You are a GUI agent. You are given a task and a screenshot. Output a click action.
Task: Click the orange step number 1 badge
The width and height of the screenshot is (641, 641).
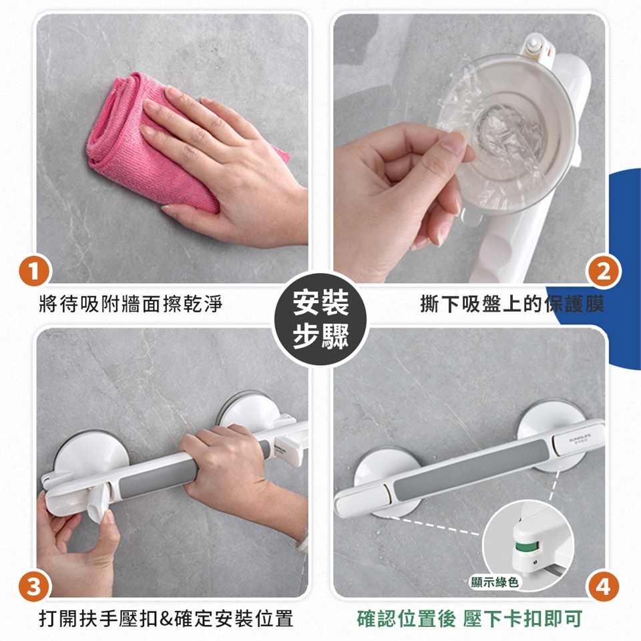[34, 271]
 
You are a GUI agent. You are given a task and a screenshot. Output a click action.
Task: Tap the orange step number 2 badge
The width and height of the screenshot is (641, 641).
[603, 271]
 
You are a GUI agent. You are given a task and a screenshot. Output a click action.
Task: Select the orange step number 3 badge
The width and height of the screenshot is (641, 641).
[34, 587]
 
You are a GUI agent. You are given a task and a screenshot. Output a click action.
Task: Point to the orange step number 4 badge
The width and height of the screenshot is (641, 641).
[603, 587]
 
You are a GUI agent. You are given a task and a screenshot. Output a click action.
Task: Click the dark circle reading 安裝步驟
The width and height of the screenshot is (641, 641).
[320, 319]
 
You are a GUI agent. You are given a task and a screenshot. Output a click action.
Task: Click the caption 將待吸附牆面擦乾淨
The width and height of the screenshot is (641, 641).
[131, 304]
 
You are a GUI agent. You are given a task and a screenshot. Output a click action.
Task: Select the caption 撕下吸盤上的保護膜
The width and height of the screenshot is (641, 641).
[512, 304]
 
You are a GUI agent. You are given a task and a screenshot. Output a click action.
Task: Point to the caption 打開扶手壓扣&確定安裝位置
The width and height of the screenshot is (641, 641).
[166, 618]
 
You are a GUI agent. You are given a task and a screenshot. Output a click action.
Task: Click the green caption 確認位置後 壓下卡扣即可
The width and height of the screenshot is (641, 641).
[469, 618]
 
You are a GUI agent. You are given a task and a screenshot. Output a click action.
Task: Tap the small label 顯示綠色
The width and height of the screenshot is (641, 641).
[494, 582]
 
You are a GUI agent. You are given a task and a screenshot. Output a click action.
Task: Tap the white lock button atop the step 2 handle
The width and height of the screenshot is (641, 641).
[533, 44]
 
